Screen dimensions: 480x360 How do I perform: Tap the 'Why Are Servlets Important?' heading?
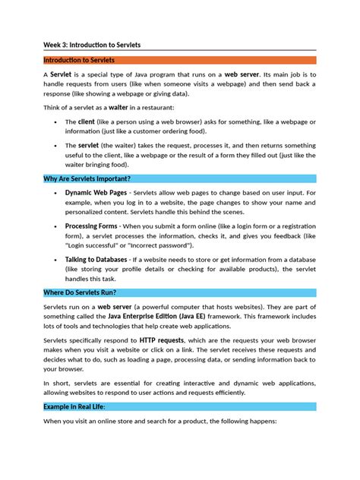coord(87,179)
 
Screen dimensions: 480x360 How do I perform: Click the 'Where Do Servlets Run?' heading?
coord(80,292)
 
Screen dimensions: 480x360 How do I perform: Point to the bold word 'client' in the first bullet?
coord(86,122)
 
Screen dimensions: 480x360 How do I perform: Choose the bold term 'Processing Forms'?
coord(91,226)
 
